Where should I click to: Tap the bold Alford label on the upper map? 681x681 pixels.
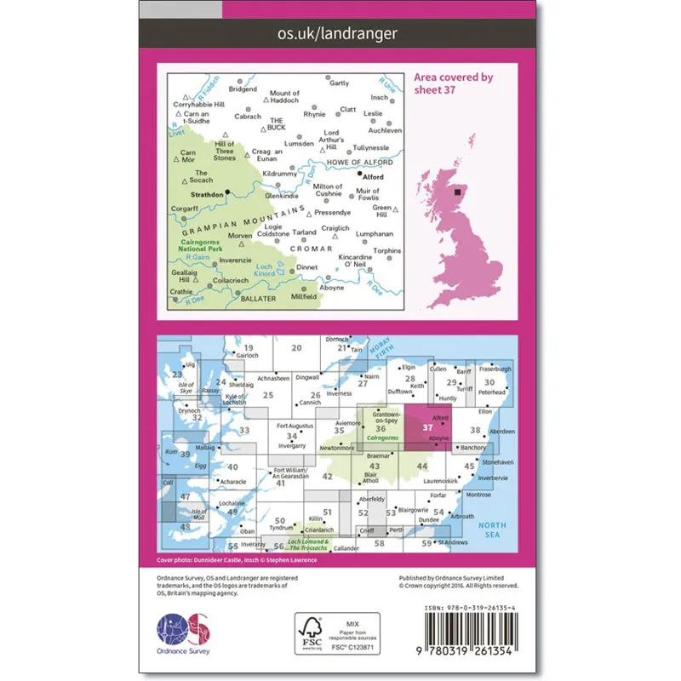[x=374, y=177]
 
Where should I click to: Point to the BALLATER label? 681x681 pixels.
[x=259, y=299]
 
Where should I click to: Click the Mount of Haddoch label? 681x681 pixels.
[x=284, y=97]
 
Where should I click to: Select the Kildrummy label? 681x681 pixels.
[x=280, y=174]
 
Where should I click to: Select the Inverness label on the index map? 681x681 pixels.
[x=339, y=393]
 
